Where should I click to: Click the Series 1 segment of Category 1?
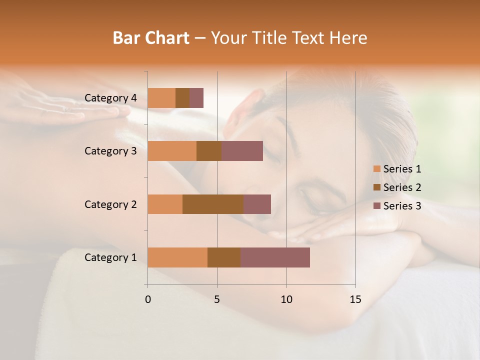pyautogui.click(x=177, y=257)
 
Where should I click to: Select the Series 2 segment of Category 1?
pyautogui.click(x=224, y=257)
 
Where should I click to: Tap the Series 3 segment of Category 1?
pyautogui.click(x=275, y=257)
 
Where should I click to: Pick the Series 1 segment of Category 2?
pyautogui.click(x=165, y=204)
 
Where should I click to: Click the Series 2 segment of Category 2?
pyautogui.click(x=213, y=204)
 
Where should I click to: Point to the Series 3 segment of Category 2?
pyautogui.click(x=257, y=204)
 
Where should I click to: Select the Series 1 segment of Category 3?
pyautogui.click(x=172, y=151)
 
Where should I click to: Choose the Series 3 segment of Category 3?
pyautogui.click(x=242, y=151)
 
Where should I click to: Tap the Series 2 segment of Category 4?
pyautogui.click(x=182, y=98)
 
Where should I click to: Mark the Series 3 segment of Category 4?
pyautogui.click(x=196, y=98)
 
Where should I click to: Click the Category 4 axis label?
pyautogui.click(x=110, y=98)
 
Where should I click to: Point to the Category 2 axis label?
pyautogui.click(x=110, y=204)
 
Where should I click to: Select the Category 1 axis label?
pyautogui.click(x=110, y=257)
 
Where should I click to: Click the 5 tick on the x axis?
pyautogui.click(x=217, y=299)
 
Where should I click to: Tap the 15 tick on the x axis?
pyautogui.click(x=355, y=299)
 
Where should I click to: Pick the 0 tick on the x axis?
pyautogui.click(x=148, y=299)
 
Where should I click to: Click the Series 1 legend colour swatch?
pyautogui.click(x=376, y=169)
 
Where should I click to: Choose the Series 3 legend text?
pyautogui.click(x=402, y=206)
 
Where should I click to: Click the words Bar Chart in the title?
pyautogui.click(x=151, y=38)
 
